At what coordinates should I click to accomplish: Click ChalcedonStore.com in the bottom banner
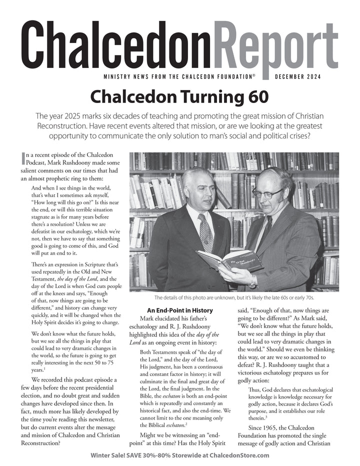(x=235, y=455)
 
